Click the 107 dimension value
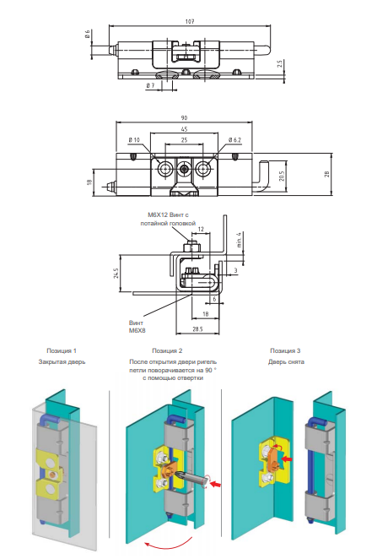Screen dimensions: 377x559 (190, 21)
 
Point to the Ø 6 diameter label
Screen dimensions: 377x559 (87, 35)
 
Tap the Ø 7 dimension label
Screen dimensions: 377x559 (151, 85)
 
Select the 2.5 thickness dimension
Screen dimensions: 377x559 (280, 64)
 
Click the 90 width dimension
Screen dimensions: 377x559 (184, 117)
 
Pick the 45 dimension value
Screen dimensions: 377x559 (184, 129)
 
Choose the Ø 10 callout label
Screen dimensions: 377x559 (134, 140)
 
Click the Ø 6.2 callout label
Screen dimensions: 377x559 (235, 140)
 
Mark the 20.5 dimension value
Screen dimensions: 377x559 (282, 176)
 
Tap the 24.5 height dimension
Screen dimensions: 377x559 (116, 273)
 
